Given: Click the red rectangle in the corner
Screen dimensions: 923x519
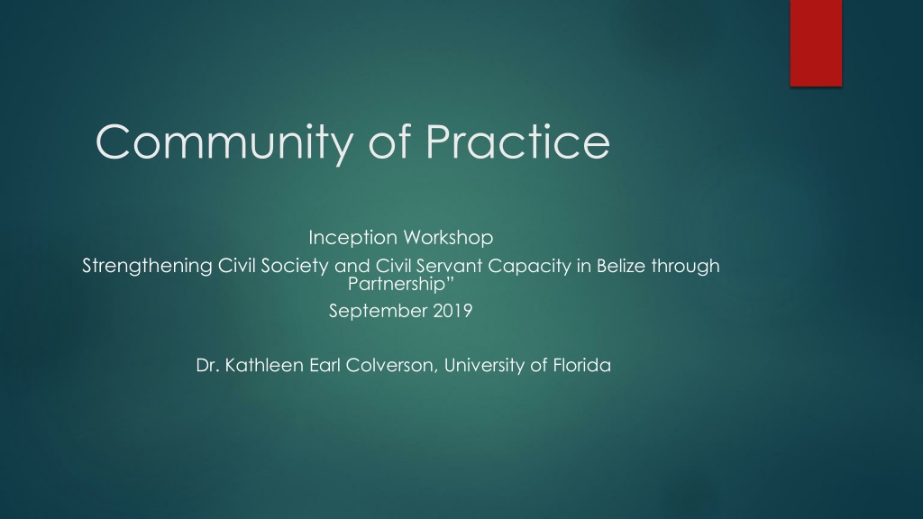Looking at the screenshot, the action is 816,43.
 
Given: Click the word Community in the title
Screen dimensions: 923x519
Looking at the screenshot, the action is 224,143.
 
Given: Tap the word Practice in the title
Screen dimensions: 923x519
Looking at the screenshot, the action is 517,141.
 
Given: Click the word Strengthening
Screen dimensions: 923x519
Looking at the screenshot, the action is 147,267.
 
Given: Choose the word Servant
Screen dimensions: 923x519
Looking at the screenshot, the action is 448,266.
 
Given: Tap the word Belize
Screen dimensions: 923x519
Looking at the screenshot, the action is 621,266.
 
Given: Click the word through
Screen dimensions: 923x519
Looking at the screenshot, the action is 685,267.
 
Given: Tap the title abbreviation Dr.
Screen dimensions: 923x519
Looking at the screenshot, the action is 208,366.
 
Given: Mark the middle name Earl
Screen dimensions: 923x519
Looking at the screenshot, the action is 324,366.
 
